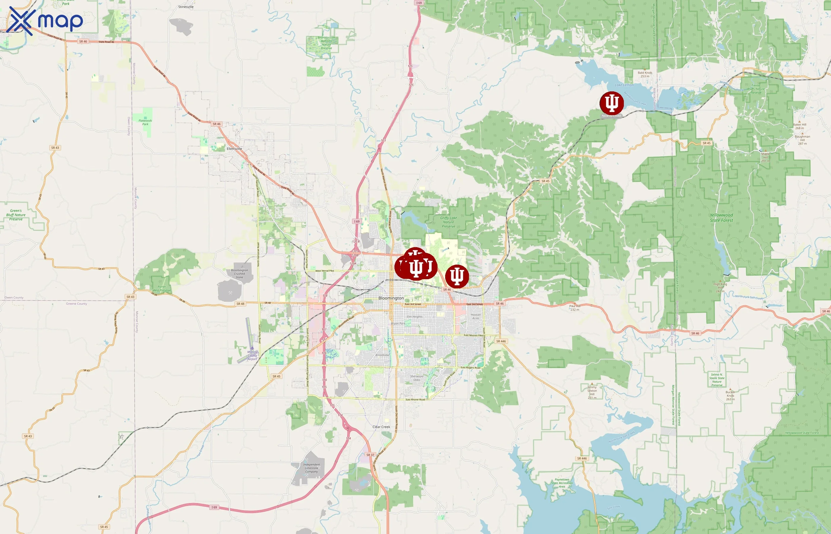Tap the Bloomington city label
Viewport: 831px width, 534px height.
[391, 298]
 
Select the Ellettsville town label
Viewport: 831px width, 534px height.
[234, 149]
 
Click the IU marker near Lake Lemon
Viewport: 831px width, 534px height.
[611, 103]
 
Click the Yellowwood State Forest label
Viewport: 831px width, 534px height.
[721, 218]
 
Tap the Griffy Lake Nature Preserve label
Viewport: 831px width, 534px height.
[448, 222]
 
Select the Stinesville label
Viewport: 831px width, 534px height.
[185, 7]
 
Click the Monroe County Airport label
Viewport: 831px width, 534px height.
[253, 355]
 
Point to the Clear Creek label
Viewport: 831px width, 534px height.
[381, 427]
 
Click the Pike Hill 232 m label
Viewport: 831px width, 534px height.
[575, 308]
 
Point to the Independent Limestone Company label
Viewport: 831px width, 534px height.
[311, 468]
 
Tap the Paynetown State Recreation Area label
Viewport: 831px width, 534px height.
[562, 483]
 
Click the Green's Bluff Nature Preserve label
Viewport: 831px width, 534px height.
[16, 215]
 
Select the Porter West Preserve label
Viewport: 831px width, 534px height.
[162, 288]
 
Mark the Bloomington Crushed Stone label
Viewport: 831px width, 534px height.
[239, 274]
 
